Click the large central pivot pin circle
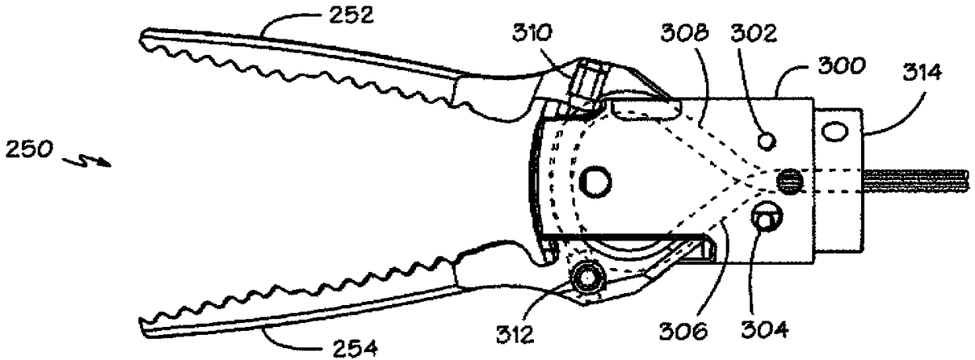click(x=594, y=182)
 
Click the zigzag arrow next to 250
click(x=89, y=159)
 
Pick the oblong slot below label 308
click(x=643, y=107)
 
